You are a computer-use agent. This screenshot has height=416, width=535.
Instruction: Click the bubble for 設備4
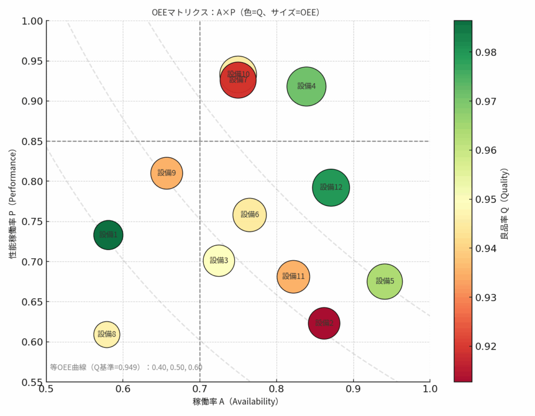pyautogui.click(x=307, y=87)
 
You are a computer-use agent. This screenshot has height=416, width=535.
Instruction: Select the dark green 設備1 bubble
pyautogui.click(x=108, y=235)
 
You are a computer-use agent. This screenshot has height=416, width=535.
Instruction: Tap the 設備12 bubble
pyautogui.click(x=331, y=187)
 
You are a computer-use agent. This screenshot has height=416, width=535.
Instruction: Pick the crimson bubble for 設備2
pyautogui.click(x=324, y=323)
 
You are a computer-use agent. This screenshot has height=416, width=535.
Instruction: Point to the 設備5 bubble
pyautogui.click(x=385, y=281)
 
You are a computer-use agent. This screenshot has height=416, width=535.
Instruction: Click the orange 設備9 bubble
pyautogui.click(x=167, y=173)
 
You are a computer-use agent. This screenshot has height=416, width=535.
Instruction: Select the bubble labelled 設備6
pyautogui.click(x=250, y=214)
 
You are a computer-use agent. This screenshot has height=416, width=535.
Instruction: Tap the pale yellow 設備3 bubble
pyautogui.click(x=219, y=260)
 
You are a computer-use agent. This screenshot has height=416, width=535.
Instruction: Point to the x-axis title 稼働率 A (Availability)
pyautogui.click(x=235, y=402)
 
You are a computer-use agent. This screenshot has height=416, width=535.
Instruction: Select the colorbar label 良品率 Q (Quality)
pyautogui.click(x=505, y=204)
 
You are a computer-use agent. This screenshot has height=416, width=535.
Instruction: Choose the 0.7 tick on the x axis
pyautogui.click(x=200, y=389)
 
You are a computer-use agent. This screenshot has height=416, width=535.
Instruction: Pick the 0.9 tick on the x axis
pyautogui.click(x=354, y=389)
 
